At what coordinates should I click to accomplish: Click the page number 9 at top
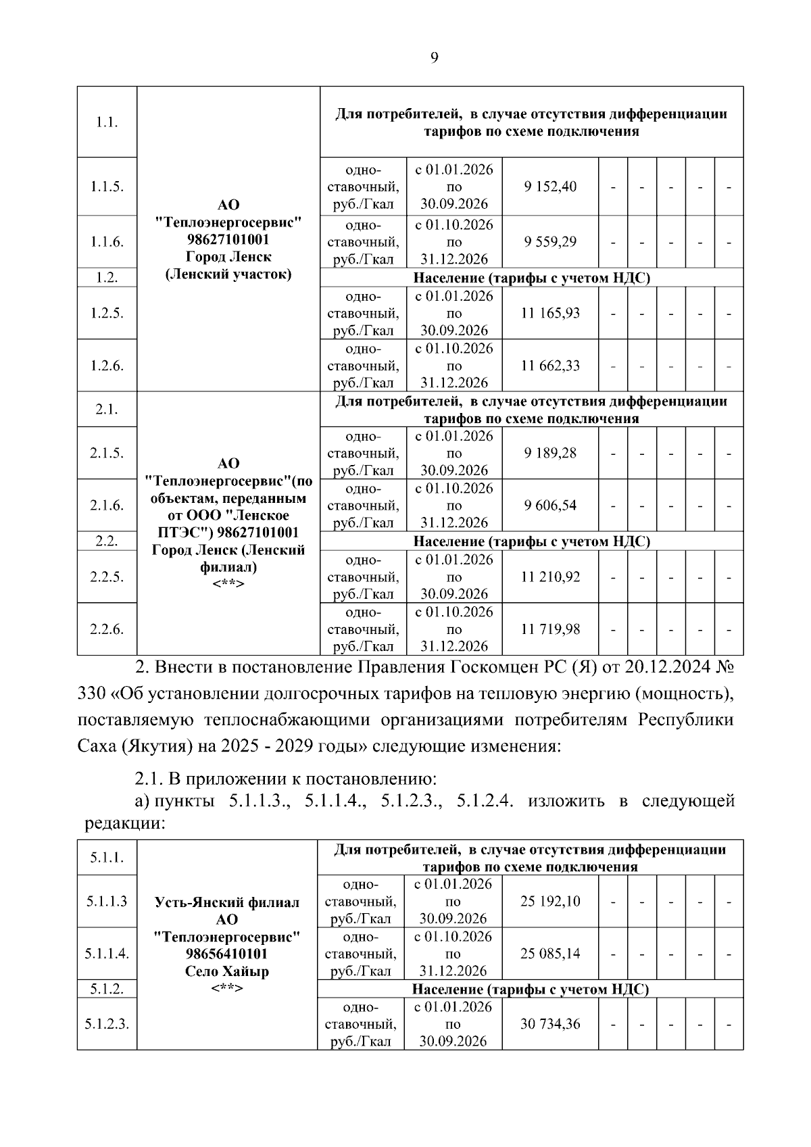pos(434,57)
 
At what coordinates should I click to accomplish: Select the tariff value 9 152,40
pos(550,187)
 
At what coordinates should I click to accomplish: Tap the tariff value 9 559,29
pos(550,242)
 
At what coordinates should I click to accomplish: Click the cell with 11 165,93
pos(550,313)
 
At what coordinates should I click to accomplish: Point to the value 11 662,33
pos(550,366)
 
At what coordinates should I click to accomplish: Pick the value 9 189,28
pos(550,453)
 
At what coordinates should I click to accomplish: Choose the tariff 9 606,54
pos(550,506)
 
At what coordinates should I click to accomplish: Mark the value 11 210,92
pos(550,577)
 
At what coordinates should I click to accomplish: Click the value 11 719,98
pos(550,629)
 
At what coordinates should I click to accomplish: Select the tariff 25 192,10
pos(550,902)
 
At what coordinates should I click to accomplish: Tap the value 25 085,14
pos(550,954)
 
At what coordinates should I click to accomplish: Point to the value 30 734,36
pos(550,1024)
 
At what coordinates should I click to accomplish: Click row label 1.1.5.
pos(107,187)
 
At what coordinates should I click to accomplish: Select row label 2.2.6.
pos(107,629)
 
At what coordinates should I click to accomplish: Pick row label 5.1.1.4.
pos(107,954)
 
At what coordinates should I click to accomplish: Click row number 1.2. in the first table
pos(107,278)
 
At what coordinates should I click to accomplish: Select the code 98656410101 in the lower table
pos(227,954)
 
